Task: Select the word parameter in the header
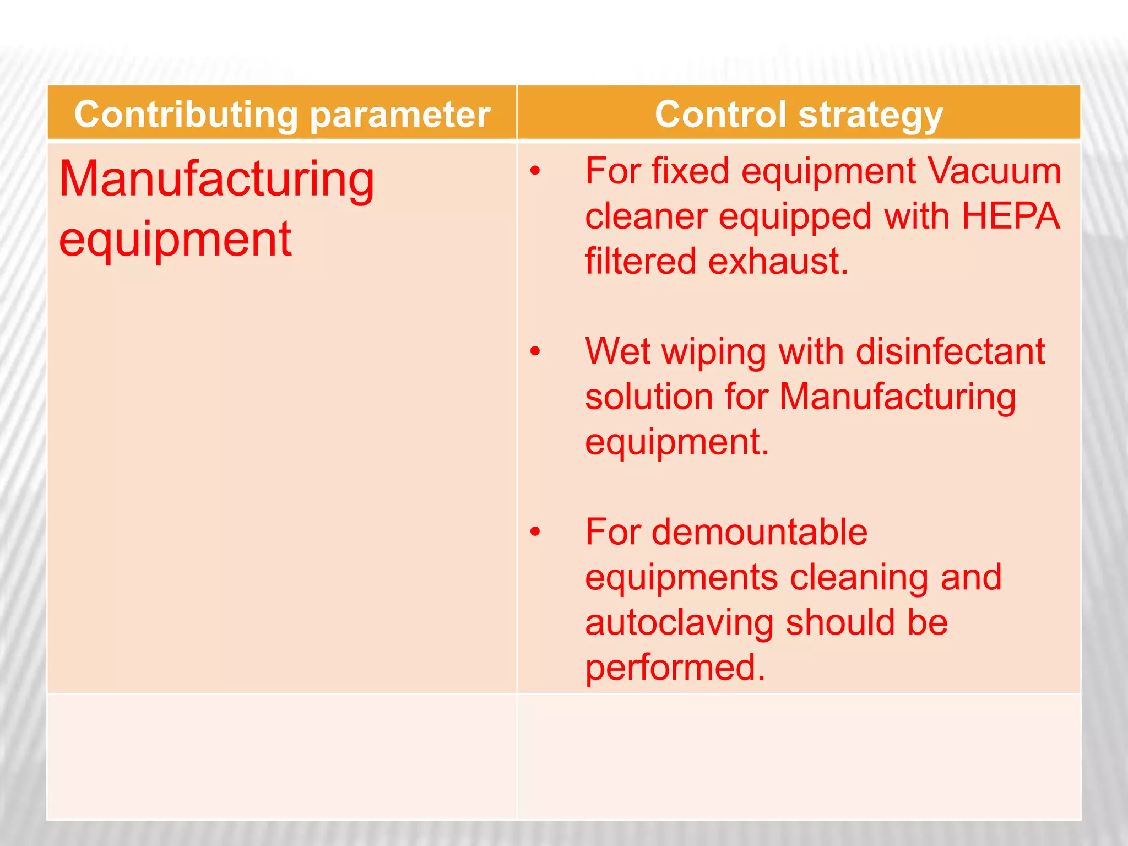pyautogui.click(x=400, y=115)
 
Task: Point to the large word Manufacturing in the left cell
pyautogui.click(x=216, y=180)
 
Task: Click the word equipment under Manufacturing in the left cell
pyautogui.click(x=175, y=240)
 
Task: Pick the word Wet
pyautogui.click(x=618, y=351)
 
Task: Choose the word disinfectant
pyautogui.click(x=950, y=351)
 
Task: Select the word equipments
pyautogui.click(x=681, y=578)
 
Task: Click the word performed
pyautogui.click(x=675, y=668)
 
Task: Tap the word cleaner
pyautogui.click(x=646, y=216)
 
